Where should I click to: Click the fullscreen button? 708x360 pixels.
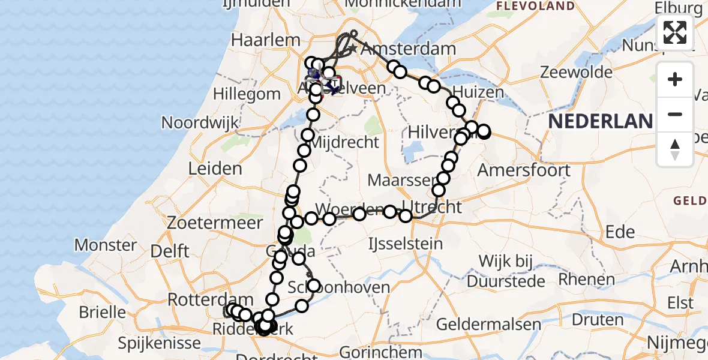675,32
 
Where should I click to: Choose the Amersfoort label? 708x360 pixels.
524,170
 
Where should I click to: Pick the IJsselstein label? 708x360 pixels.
406,244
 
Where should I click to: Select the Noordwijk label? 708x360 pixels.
200,122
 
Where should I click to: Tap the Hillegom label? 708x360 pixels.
248,94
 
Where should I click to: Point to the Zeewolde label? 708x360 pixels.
576,73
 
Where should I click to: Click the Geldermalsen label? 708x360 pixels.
488,325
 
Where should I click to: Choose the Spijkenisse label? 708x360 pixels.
159,343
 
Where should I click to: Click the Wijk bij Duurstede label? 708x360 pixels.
513,271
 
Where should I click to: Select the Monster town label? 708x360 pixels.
106,245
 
